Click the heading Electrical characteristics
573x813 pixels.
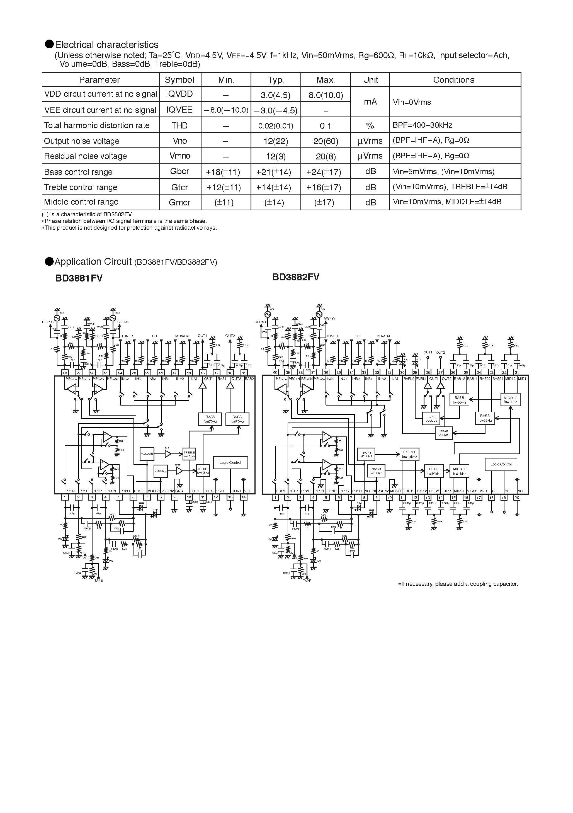(106, 45)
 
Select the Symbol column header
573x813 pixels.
(179, 80)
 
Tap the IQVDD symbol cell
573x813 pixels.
(179, 94)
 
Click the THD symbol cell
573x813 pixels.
(179, 125)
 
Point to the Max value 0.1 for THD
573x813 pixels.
(326, 126)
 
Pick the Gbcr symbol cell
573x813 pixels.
(179, 171)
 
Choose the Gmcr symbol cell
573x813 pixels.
(179, 202)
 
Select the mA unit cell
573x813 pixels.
(370, 102)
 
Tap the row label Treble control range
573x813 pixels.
(81, 187)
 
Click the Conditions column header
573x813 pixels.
(453, 80)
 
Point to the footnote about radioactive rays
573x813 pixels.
(129, 228)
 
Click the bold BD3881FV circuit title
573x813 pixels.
(79, 278)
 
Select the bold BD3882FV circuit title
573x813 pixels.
(296, 277)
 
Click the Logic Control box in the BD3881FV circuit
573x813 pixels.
(230, 462)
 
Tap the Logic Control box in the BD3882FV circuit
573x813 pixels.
(501, 464)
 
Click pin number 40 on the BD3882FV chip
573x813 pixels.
(275, 372)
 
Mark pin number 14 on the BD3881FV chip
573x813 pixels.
(244, 497)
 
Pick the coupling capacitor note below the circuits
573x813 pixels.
(458, 584)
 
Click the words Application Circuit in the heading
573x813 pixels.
(93, 262)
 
